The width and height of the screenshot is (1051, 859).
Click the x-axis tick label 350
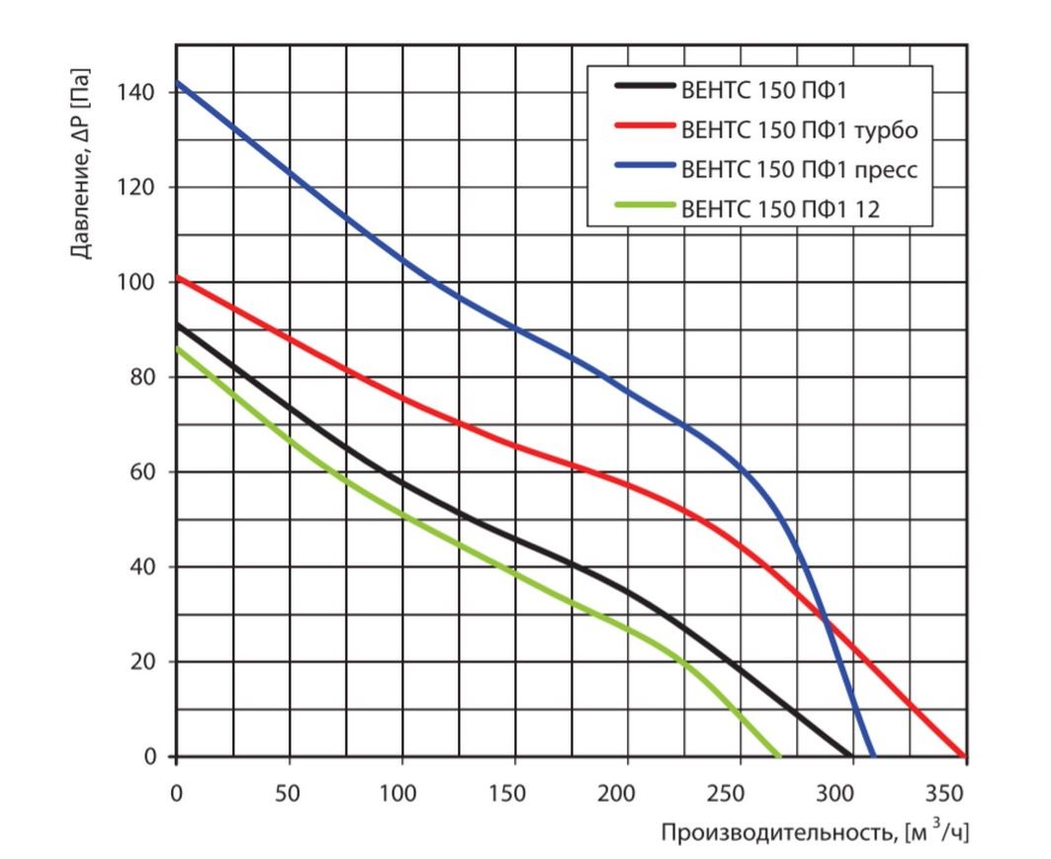coord(951,794)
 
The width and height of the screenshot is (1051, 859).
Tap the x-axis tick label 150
coord(514,794)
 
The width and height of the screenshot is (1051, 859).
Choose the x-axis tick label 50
coord(289,794)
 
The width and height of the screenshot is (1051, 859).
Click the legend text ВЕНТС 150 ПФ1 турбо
coord(800,129)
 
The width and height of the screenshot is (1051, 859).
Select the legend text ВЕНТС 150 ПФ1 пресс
coord(800,169)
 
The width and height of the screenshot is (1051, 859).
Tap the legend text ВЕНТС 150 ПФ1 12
coord(780,208)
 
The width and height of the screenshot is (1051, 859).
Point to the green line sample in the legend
coord(644,208)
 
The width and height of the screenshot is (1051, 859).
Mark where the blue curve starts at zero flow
coord(177,82)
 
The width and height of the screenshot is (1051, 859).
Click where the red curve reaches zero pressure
coord(964,756)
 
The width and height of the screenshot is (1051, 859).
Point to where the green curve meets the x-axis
coord(779,756)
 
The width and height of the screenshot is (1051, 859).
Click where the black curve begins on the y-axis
coord(177,324)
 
